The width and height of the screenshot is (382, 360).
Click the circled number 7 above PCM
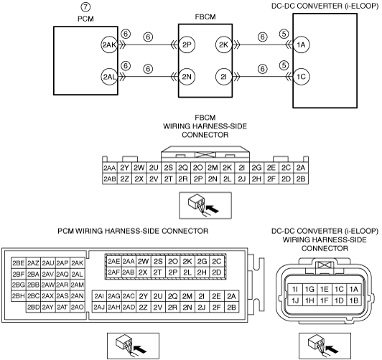[x=85, y=7]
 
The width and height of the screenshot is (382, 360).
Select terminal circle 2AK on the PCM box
[x=109, y=44]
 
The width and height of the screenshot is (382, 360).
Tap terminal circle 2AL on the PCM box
[x=109, y=77]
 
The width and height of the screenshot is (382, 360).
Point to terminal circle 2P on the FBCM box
[x=187, y=44]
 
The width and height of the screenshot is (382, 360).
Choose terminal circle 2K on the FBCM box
[x=223, y=44]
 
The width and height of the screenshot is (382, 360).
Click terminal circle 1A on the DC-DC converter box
[x=301, y=44]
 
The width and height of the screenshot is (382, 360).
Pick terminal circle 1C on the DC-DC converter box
[x=301, y=77]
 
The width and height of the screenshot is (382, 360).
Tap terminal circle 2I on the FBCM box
[x=223, y=77]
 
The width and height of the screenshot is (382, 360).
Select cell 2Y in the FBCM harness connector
[x=124, y=168]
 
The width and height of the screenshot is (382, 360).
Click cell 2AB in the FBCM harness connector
[x=110, y=179]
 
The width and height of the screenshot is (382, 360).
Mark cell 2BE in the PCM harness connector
[x=19, y=263]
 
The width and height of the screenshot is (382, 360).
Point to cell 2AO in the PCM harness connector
[x=78, y=307]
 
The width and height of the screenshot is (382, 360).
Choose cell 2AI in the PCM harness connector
[x=99, y=296]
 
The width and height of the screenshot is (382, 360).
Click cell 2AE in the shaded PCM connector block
[x=113, y=261]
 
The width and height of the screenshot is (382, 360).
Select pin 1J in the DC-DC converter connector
[x=295, y=300]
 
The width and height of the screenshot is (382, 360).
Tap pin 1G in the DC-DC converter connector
[x=309, y=289]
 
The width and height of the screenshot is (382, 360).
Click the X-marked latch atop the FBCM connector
[x=205, y=154]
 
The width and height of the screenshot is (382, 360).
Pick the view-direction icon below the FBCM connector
[x=205, y=206]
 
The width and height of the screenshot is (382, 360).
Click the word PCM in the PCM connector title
[x=66, y=231]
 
